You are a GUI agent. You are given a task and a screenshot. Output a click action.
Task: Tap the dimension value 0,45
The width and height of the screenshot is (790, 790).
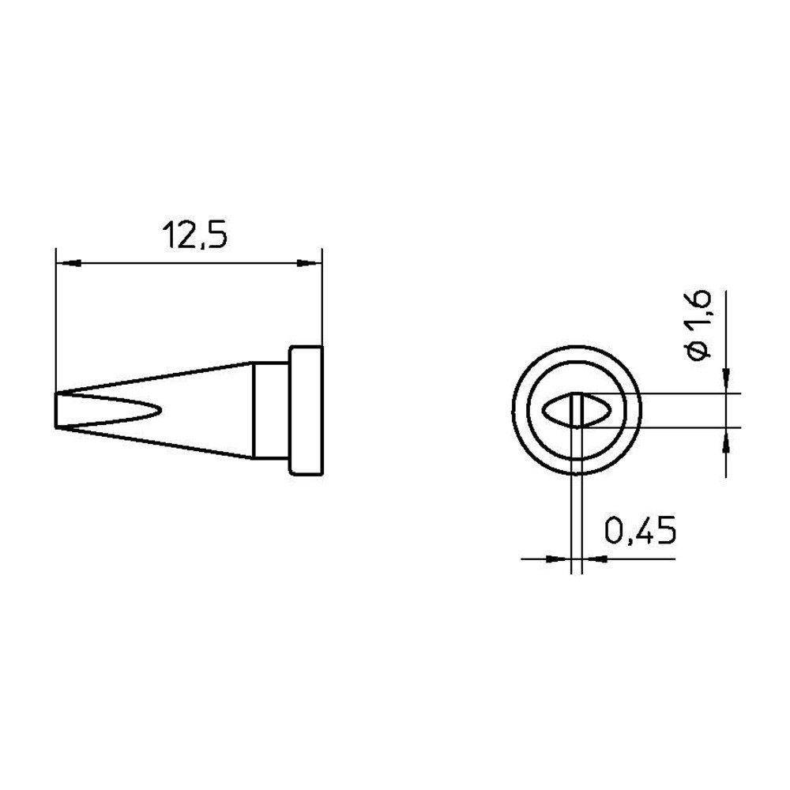tap(639, 531)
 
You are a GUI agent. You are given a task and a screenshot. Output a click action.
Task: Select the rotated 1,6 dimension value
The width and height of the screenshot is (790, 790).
tap(702, 313)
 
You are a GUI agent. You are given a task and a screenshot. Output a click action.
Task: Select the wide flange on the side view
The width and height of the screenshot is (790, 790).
tap(306, 411)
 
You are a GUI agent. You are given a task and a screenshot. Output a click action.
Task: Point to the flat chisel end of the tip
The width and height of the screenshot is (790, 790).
tap(58, 410)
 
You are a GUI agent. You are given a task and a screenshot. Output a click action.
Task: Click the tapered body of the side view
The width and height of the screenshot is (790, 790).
tap(205, 411)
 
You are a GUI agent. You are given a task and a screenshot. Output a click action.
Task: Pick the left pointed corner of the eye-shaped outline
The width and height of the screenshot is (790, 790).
tap(541, 411)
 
